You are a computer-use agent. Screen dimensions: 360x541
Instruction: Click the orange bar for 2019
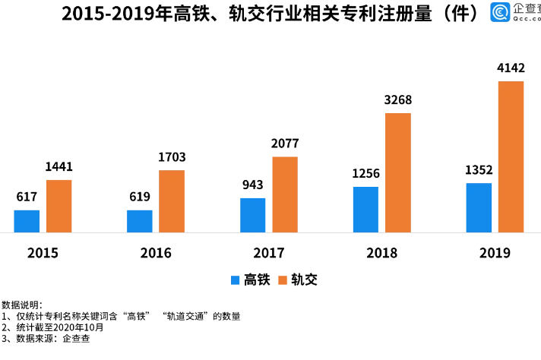[511, 156]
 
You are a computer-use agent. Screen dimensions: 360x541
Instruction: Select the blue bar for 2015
[27, 220]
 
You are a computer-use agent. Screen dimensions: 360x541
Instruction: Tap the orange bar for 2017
[285, 194]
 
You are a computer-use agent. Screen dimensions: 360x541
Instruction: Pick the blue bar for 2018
[365, 209]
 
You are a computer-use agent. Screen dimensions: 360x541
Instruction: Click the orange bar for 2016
[172, 201]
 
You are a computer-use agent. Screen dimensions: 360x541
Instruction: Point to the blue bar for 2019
[479, 207]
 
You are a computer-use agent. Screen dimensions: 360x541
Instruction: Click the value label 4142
[511, 68]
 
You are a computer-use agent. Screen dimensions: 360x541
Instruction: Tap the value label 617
[27, 197]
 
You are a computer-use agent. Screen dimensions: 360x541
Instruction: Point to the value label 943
[253, 185]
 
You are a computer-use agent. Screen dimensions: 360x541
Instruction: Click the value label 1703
[172, 157]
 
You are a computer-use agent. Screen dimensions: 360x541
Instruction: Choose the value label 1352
[479, 170]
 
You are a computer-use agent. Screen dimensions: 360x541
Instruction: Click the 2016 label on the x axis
[156, 253]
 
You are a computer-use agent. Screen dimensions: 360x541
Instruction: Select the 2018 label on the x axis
[381, 253]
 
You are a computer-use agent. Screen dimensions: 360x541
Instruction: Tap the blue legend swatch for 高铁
[236, 280]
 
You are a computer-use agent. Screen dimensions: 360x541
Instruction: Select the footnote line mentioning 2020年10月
[52, 327]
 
